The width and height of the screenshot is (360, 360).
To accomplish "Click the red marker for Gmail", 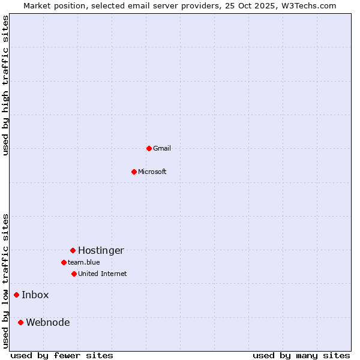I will pyautogui.click(x=149, y=148).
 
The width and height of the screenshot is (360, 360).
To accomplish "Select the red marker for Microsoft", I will pyautogui.click(x=134, y=172).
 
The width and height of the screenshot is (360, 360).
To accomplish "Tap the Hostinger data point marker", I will pyautogui.click(x=73, y=250).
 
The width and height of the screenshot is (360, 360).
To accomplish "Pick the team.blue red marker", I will pyautogui.click(x=64, y=262).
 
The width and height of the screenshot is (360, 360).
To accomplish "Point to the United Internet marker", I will pyautogui.click(x=74, y=274).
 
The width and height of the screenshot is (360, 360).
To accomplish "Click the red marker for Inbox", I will pyautogui.click(x=16, y=295).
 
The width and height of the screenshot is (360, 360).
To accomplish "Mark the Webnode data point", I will pyautogui.click(x=20, y=322).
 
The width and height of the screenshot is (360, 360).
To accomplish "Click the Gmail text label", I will pyautogui.click(x=162, y=148).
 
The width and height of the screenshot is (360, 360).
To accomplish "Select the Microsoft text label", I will pyautogui.click(x=152, y=172).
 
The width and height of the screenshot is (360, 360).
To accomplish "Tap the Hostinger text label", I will pyautogui.click(x=101, y=250).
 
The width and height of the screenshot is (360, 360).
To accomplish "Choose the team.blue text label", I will pyautogui.click(x=83, y=262).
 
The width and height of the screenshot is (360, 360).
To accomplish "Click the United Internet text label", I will pyautogui.click(x=102, y=274).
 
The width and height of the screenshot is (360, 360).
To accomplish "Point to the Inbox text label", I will pyautogui.click(x=35, y=295).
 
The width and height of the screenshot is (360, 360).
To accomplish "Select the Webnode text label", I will pyautogui.click(x=47, y=322).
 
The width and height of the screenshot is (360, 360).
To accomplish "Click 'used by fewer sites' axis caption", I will pyautogui.click(x=62, y=355).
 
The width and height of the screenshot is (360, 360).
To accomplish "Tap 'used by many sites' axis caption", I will pyautogui.click(x=301, y=355).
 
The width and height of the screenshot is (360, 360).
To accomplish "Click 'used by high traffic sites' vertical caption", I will pyautogui.click(x=5, y=85).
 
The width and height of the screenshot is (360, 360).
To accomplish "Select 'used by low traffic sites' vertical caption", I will pyautogui.click(x=5, y=280).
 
